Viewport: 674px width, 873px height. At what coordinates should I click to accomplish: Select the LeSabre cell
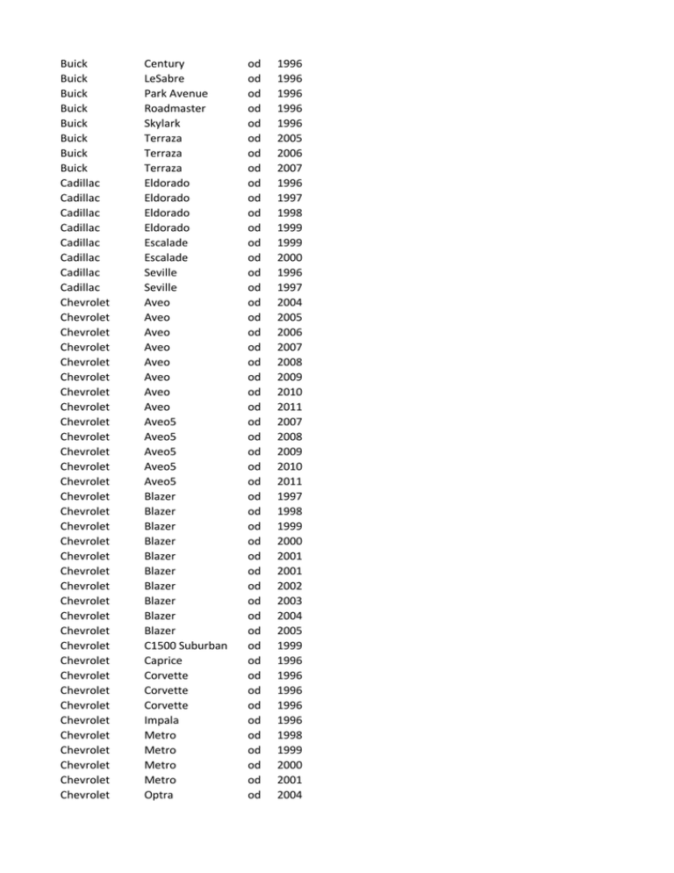tap(170, 78)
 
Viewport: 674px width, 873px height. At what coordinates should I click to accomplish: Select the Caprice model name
tap(168, 660)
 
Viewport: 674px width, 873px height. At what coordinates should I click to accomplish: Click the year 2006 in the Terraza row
tap(290, 153)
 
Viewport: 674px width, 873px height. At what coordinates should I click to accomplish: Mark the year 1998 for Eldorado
tap(290, 213)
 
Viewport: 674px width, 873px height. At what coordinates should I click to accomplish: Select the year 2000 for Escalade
tap(290, 257)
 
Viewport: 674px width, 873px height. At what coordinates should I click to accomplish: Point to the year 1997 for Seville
tap(290, 287)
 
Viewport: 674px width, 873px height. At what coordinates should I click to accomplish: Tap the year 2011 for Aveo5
tap(290, 481)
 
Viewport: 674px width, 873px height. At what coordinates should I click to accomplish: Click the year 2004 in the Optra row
tap(290, 795)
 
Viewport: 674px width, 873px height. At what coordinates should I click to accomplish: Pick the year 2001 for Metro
tap(290, 780)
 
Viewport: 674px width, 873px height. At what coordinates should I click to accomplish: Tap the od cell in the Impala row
tap(255, 720)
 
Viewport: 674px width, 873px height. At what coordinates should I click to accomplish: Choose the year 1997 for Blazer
tap(290, 496)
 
